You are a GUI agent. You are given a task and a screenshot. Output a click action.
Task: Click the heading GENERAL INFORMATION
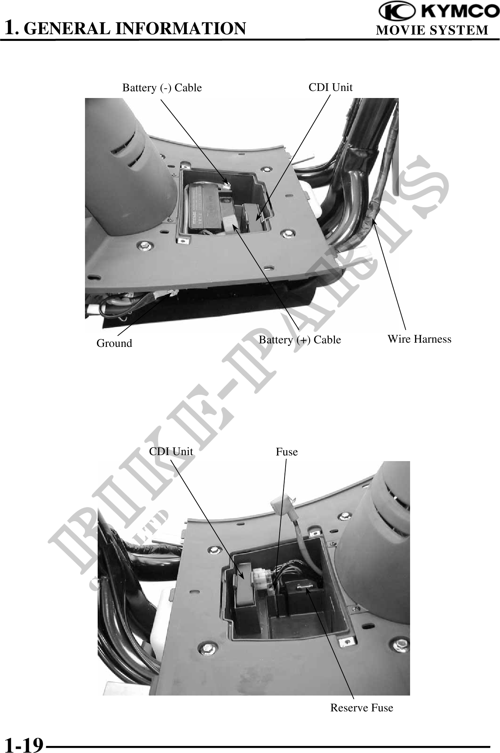pos(136,29)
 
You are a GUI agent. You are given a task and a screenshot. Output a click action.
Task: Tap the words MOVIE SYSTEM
pos(432,30)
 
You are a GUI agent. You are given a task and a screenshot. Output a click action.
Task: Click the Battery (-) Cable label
pos(162,88)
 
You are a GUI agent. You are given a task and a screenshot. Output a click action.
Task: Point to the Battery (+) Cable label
pos(300,340)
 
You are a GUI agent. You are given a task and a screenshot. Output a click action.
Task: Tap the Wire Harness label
pos(419,339)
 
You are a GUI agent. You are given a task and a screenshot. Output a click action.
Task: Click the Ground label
pos(114,343)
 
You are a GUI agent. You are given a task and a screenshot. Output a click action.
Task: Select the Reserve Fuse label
pos(361,708)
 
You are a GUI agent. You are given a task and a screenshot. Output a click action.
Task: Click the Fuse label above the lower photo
pos(287,452)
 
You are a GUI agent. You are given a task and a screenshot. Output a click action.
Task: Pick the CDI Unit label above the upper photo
pos(330,87)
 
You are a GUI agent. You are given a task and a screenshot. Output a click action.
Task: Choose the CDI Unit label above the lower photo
pos(171,451)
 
